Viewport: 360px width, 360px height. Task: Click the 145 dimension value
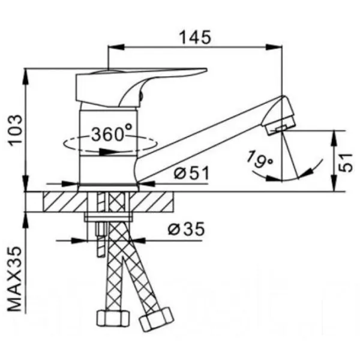point(195,37)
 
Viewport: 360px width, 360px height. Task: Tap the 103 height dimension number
point(16,129)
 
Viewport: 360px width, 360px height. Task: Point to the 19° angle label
point(260,159)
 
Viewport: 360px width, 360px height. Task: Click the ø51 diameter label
point(192,173)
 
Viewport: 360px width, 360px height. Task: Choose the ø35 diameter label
point(186,229)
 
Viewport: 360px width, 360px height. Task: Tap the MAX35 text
point(15,279)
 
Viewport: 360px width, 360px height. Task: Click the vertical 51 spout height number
point(346,163)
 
